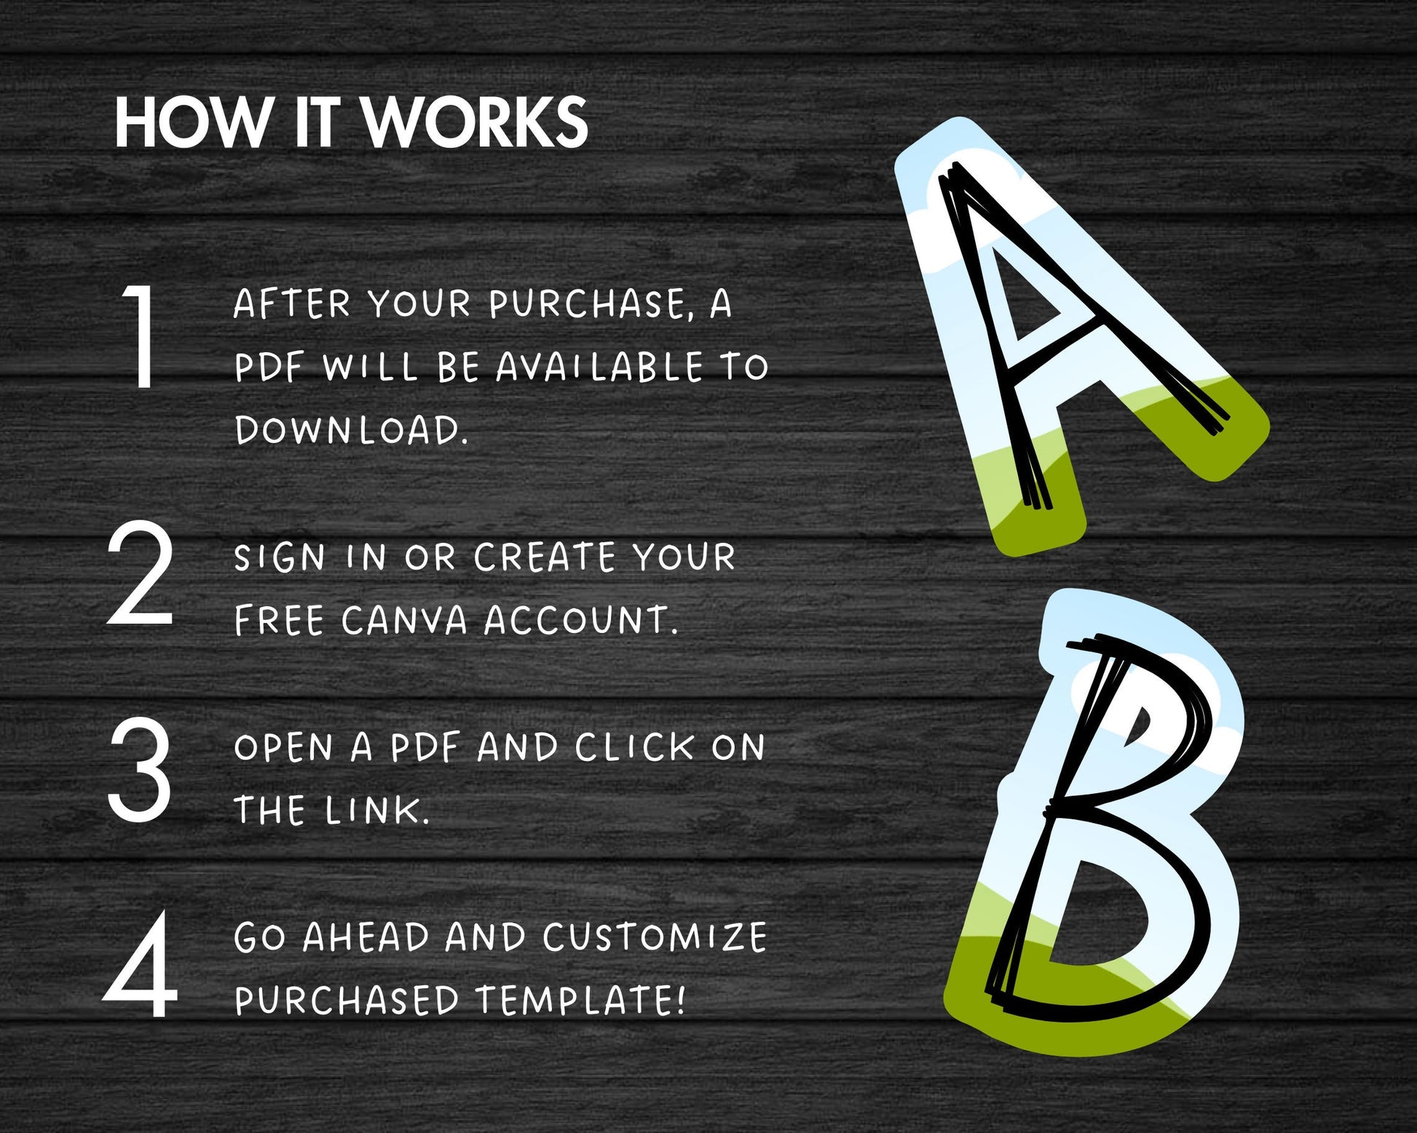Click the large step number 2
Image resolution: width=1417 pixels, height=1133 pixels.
(141, 573)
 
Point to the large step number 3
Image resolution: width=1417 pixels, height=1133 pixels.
(140, 768)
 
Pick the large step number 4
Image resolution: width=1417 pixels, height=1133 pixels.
(141, 963)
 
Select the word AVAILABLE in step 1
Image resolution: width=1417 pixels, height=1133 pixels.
(600, 367)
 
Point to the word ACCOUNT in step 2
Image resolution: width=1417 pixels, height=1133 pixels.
(580, 621)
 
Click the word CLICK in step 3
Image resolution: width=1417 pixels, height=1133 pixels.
(635, 747)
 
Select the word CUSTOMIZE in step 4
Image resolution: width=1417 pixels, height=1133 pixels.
(655, 937)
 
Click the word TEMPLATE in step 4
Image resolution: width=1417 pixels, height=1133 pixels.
(580, 1000)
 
